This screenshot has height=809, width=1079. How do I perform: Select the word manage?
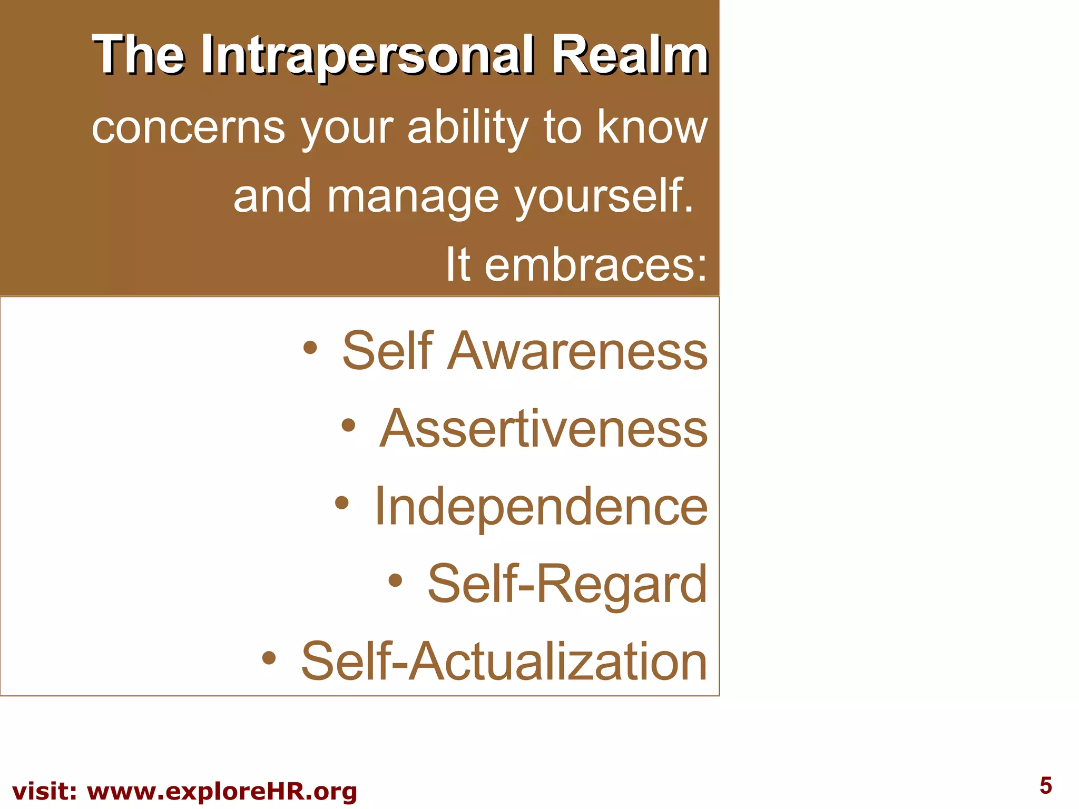pos(413,196)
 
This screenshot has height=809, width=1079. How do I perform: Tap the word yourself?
pos(604,196)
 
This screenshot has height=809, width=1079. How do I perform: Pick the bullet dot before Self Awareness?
pos(310,347)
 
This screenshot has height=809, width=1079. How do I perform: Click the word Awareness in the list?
pos(577,351)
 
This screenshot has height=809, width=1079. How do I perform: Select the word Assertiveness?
pos(543,429)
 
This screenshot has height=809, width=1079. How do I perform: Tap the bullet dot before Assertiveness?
pos(348,425)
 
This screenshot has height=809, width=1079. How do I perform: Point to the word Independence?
pos(541,507)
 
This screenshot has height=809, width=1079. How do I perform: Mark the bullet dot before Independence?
pos(342,502)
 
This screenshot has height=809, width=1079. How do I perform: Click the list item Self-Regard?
pos(567,584)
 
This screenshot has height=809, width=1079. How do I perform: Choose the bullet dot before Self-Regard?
pos(395,580)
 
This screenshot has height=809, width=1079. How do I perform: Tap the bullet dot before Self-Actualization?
pos(269,658)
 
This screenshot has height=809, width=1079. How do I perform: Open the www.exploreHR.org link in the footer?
pos(222,792)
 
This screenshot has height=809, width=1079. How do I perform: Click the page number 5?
pos(1045,785)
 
